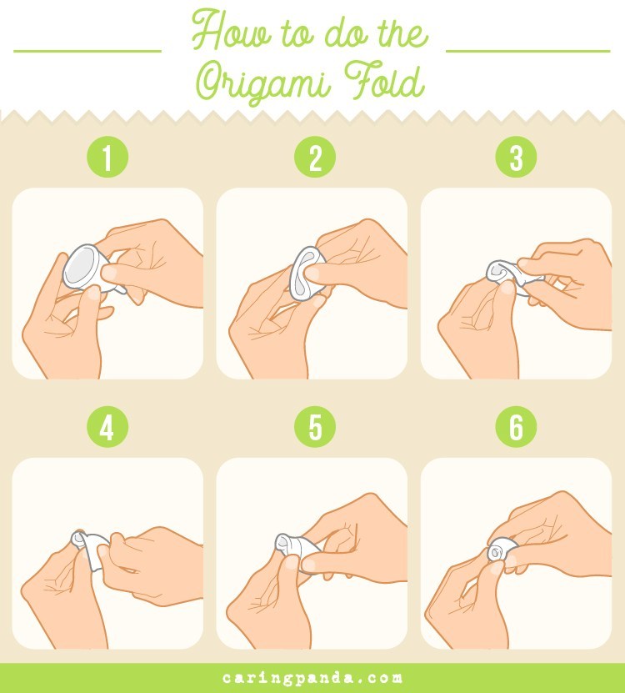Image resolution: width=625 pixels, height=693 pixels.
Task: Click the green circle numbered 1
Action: (107, 158)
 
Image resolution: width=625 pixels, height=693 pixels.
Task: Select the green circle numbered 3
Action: (516, 158)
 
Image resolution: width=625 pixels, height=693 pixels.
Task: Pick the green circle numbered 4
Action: (107, 428)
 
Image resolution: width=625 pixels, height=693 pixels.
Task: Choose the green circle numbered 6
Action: (516, 428)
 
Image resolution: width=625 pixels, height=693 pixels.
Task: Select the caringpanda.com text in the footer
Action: (312, 677)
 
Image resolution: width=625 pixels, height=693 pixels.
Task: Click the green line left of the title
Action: (87, 51)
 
